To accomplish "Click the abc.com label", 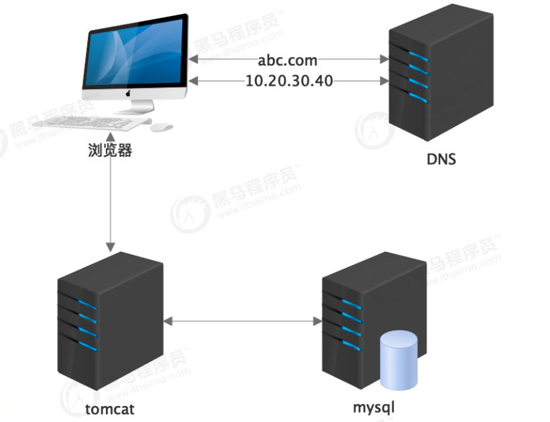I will (287, 60).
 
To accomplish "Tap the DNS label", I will (441, 160).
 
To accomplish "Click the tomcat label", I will (110, 407).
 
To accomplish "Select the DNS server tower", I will (439, 74).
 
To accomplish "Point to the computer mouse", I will (161, 127).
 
